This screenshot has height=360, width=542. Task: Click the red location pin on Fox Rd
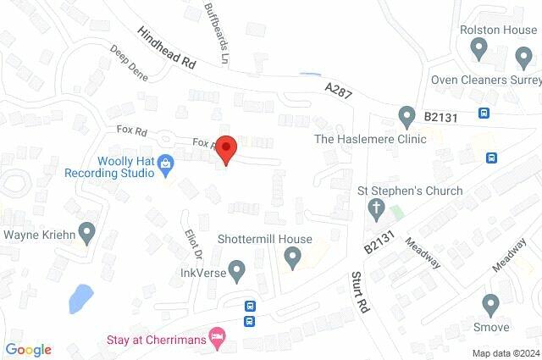click(226, 149)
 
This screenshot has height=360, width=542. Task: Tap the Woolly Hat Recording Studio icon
click(166, 162)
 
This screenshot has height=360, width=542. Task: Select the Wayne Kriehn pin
click(86, 230)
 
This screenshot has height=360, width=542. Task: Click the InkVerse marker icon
click(237, 272)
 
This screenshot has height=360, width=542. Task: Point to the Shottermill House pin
click(293, 258)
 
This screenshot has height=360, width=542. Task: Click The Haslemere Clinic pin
click(406, 115)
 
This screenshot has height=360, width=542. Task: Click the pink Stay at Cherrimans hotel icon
click(218, 337)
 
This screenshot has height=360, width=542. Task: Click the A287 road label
click(337, 89)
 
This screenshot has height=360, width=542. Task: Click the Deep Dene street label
click(129, 64)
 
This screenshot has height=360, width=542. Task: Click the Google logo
click(28, 349)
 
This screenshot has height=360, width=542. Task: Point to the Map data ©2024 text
click(505, 353)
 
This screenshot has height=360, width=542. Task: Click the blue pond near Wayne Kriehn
click(80, 297)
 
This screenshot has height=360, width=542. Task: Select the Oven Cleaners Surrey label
click(485, 80)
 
